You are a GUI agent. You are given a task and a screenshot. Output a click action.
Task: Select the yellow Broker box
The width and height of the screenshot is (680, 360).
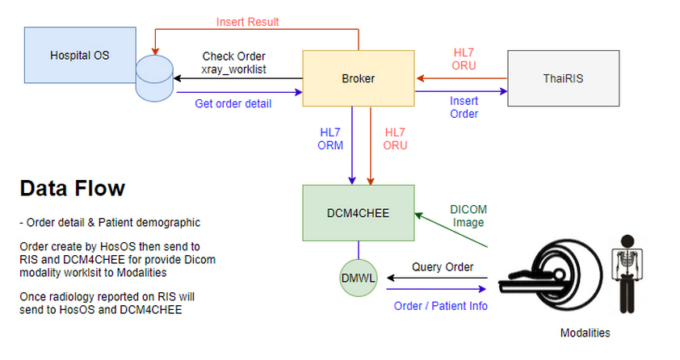(359, 79)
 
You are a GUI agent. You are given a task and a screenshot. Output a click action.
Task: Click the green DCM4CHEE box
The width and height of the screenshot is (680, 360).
(359, 211)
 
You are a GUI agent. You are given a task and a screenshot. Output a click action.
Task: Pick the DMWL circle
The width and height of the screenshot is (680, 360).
(359, 278)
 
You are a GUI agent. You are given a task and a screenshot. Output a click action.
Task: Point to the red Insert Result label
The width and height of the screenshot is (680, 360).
(247, 22)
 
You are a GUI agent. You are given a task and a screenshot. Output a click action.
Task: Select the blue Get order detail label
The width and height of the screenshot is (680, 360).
(233, 103)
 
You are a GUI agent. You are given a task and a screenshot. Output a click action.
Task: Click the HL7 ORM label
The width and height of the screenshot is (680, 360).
(331, 139)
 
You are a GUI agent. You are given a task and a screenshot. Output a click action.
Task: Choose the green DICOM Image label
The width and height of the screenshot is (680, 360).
(468, 216)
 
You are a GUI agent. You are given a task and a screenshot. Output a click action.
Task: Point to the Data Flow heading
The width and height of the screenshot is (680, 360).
(72, 189)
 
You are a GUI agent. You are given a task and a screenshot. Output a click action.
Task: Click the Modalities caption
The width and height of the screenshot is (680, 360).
(586, 333)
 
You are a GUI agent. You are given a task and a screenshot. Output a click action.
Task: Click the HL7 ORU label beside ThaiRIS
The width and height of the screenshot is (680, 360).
(464, 58)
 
